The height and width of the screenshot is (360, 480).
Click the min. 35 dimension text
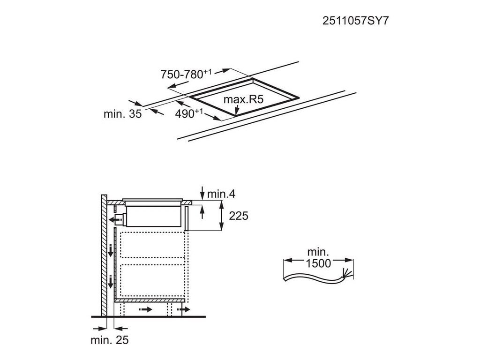pyautogui.click(x=122, y=114)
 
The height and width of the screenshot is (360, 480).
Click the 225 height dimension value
pyautogui.click(x=238, y=216)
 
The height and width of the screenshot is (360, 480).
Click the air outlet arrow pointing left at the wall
pyautogui.click(x=112, y=218)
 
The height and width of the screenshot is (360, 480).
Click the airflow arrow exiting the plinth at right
pyautogui.click(x=184, y=310)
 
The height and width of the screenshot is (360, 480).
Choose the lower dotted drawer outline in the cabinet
pyautogui.click(x=153, y=279)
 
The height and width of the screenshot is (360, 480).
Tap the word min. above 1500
pyautogui.click(x=319, y=252)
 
